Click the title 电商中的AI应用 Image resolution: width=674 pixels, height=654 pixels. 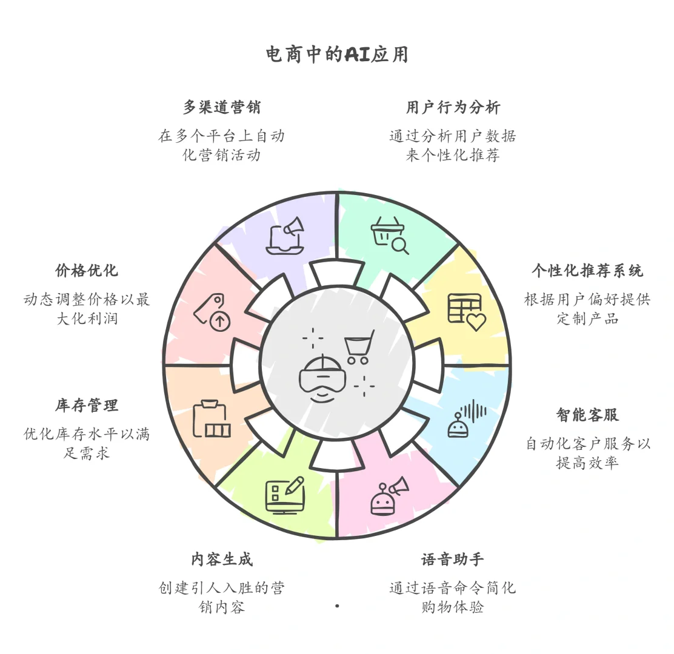tap(337, 55)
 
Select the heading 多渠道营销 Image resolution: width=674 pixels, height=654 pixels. tap(222, 108)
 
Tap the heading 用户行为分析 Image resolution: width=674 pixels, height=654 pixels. tap(453, 108)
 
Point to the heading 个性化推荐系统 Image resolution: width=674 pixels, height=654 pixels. tap(587, 271)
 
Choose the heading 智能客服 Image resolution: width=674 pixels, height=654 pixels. tap(587, 415)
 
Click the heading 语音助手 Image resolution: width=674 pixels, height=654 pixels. tap(453, 560)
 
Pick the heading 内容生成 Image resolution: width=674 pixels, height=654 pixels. tap(222, 560)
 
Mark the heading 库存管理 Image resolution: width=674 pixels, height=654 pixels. tap(87, 406)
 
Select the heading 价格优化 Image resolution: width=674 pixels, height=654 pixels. tap(87, 271)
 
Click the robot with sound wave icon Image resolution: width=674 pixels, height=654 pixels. tap(466, 418)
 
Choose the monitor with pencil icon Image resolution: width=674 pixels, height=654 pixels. tap(284, 495)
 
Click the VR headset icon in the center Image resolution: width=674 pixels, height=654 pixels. tap(322, 378)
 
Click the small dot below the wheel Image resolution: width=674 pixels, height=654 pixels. tap(337, 606)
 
